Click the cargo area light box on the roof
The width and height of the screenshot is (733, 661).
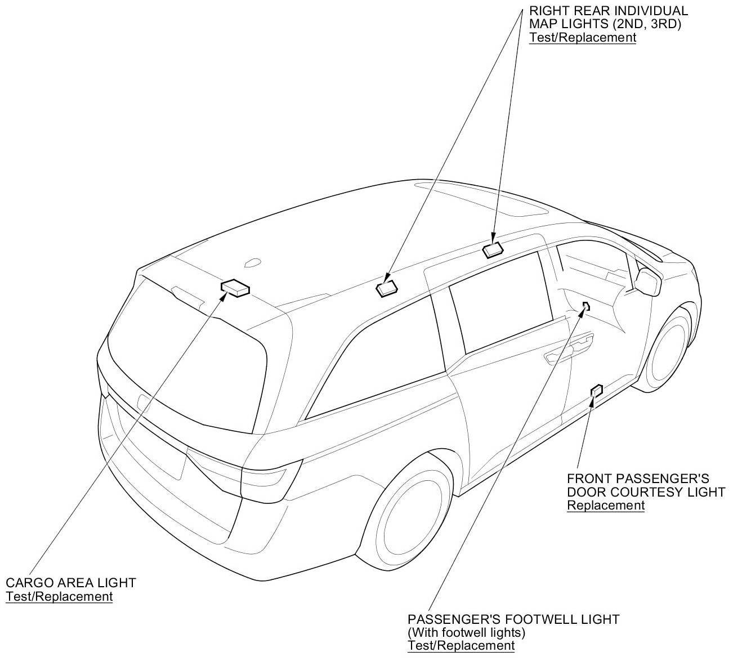(x=235, y=288)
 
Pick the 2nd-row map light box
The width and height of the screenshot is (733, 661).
(x=493, y=250)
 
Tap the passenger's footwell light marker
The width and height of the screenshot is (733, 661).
(x=585, y=306)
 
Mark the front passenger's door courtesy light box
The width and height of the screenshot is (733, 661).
(x=597, y=390)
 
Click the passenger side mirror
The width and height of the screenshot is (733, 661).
(x=648, y=282)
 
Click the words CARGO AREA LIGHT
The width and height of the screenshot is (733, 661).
(x=71, y=583)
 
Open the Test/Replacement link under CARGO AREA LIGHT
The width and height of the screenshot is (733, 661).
(x=59, y=597)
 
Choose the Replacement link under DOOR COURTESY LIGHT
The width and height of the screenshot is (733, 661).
(x=605, y=506)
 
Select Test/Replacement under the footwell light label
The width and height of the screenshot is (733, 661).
(x=461, y=645)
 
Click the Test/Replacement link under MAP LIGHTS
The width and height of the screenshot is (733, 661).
(x=583, y=37)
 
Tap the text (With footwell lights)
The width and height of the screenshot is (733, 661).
(x=466, y=632)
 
